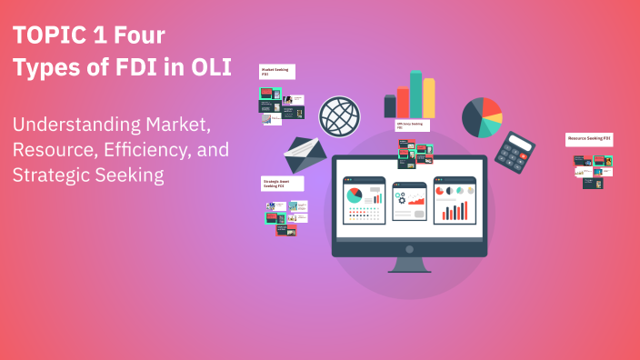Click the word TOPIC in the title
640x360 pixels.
tap(48, 36)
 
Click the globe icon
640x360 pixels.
tap(338, 115)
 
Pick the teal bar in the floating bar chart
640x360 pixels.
tap(415, 95)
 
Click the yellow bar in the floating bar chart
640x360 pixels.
tap(428, 97)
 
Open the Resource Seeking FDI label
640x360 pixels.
tap(589, 139)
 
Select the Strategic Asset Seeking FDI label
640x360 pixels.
tap(282, 184)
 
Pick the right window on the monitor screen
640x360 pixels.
tap(455, 200)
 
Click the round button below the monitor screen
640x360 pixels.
tap(410, 248)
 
